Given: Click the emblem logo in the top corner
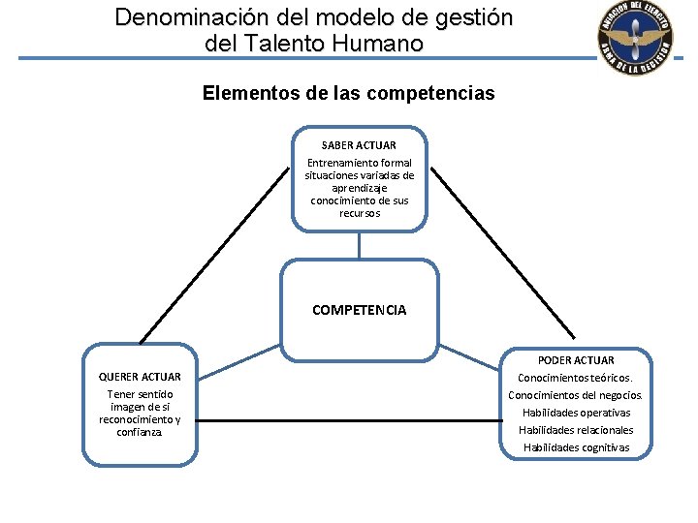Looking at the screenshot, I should point(635,40).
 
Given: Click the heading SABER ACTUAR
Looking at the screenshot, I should point(359,145).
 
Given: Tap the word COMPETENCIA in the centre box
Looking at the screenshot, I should point(359,311).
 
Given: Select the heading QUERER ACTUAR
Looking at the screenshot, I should point(140,376).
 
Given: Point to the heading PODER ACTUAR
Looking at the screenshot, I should point(575,360).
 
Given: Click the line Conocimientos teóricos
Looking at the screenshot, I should point(575,378).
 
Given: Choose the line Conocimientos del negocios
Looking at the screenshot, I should point(575,395).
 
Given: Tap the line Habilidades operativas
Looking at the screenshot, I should point(575,413).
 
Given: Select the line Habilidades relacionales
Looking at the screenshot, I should point(575,430).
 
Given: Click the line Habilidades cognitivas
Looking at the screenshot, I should point(575,447).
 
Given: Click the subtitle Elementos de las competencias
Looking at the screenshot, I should point(348,94).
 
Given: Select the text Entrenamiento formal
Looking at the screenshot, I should point(359,163).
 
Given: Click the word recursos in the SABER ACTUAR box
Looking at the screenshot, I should point(359,213).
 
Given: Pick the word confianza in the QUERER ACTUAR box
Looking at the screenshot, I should point(140,432).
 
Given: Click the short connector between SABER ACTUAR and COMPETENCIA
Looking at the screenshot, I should point(359,245).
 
